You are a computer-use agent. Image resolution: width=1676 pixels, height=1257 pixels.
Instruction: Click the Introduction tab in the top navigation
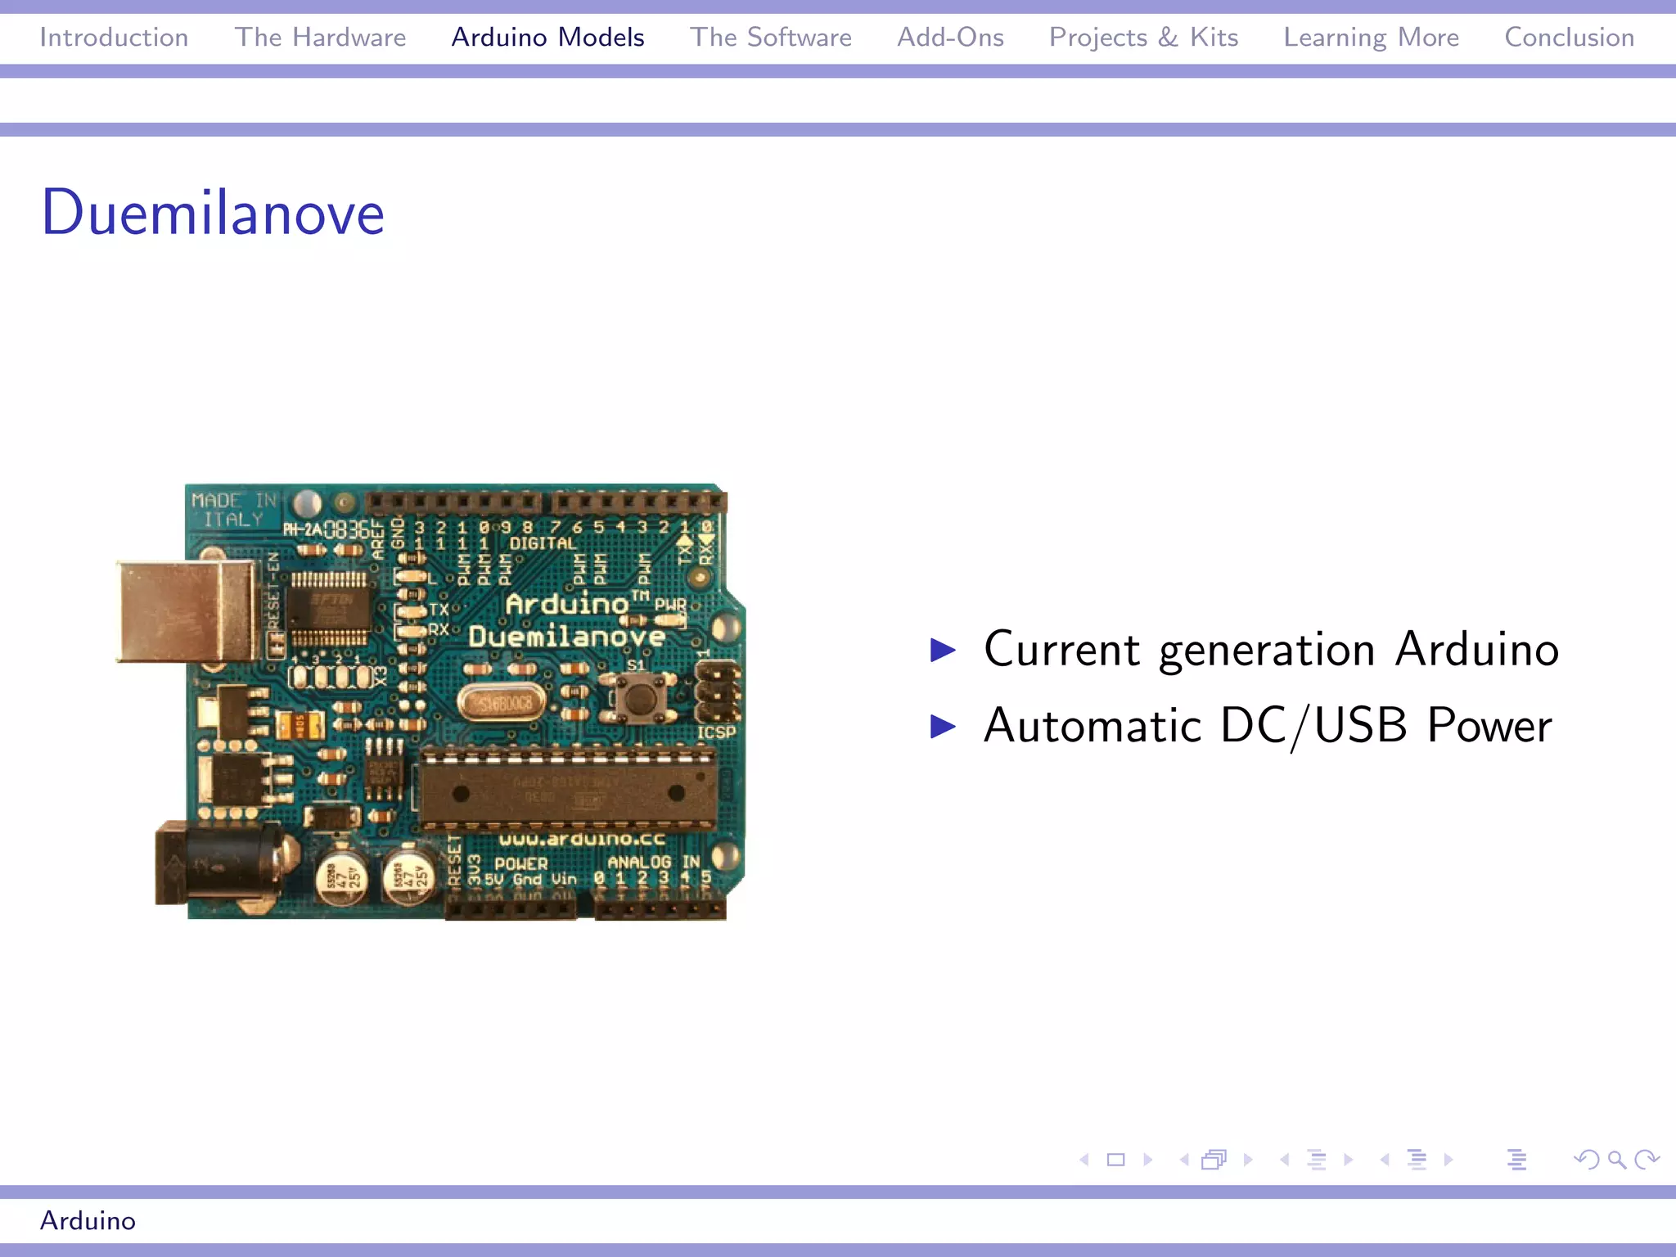coord(114,38)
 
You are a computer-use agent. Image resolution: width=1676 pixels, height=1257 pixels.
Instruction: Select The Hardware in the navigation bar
coord(320,38)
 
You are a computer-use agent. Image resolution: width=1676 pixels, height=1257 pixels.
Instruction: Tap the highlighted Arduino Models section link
coord(547,38)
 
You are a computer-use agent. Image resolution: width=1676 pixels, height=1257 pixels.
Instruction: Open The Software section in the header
coord(770,38)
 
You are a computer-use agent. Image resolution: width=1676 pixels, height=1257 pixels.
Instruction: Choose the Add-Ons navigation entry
coord(950,38)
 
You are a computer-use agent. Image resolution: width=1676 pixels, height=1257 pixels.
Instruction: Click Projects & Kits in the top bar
coord(1143,38)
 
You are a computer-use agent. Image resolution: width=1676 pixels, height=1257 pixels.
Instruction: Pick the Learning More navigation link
coord(1371,38)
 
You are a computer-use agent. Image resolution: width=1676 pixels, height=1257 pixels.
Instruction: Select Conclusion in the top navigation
coord(1569,38)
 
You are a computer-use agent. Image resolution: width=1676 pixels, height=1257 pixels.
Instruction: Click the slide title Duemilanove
coord(213,213)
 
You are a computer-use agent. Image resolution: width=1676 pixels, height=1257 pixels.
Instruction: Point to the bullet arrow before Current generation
coord(943,651)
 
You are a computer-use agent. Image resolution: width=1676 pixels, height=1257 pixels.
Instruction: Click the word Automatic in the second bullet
coord(1092,726)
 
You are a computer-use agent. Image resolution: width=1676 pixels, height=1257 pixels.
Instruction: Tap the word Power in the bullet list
coord(1489,726)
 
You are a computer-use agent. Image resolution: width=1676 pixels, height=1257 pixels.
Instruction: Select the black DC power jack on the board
coord(217,864)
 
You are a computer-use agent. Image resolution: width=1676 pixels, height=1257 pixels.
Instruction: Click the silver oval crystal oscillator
coord(502,703)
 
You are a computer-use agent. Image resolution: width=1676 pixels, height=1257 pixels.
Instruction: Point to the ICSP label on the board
coord(716,732)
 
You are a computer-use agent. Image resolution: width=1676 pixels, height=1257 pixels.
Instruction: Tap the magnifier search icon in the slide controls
coord(1616,1160)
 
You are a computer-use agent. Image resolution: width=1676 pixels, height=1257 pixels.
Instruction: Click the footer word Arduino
coord(88,1220)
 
